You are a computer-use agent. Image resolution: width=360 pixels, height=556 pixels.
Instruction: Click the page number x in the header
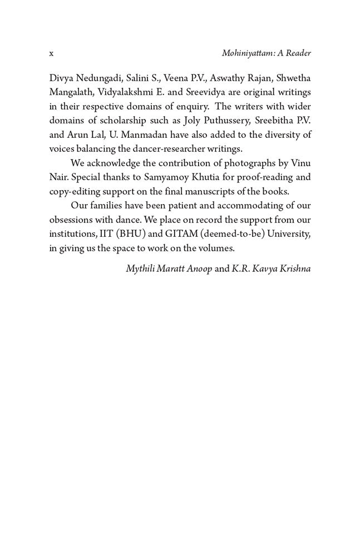(51, 53)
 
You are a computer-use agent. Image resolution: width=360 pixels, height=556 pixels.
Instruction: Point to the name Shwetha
(292, 77)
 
